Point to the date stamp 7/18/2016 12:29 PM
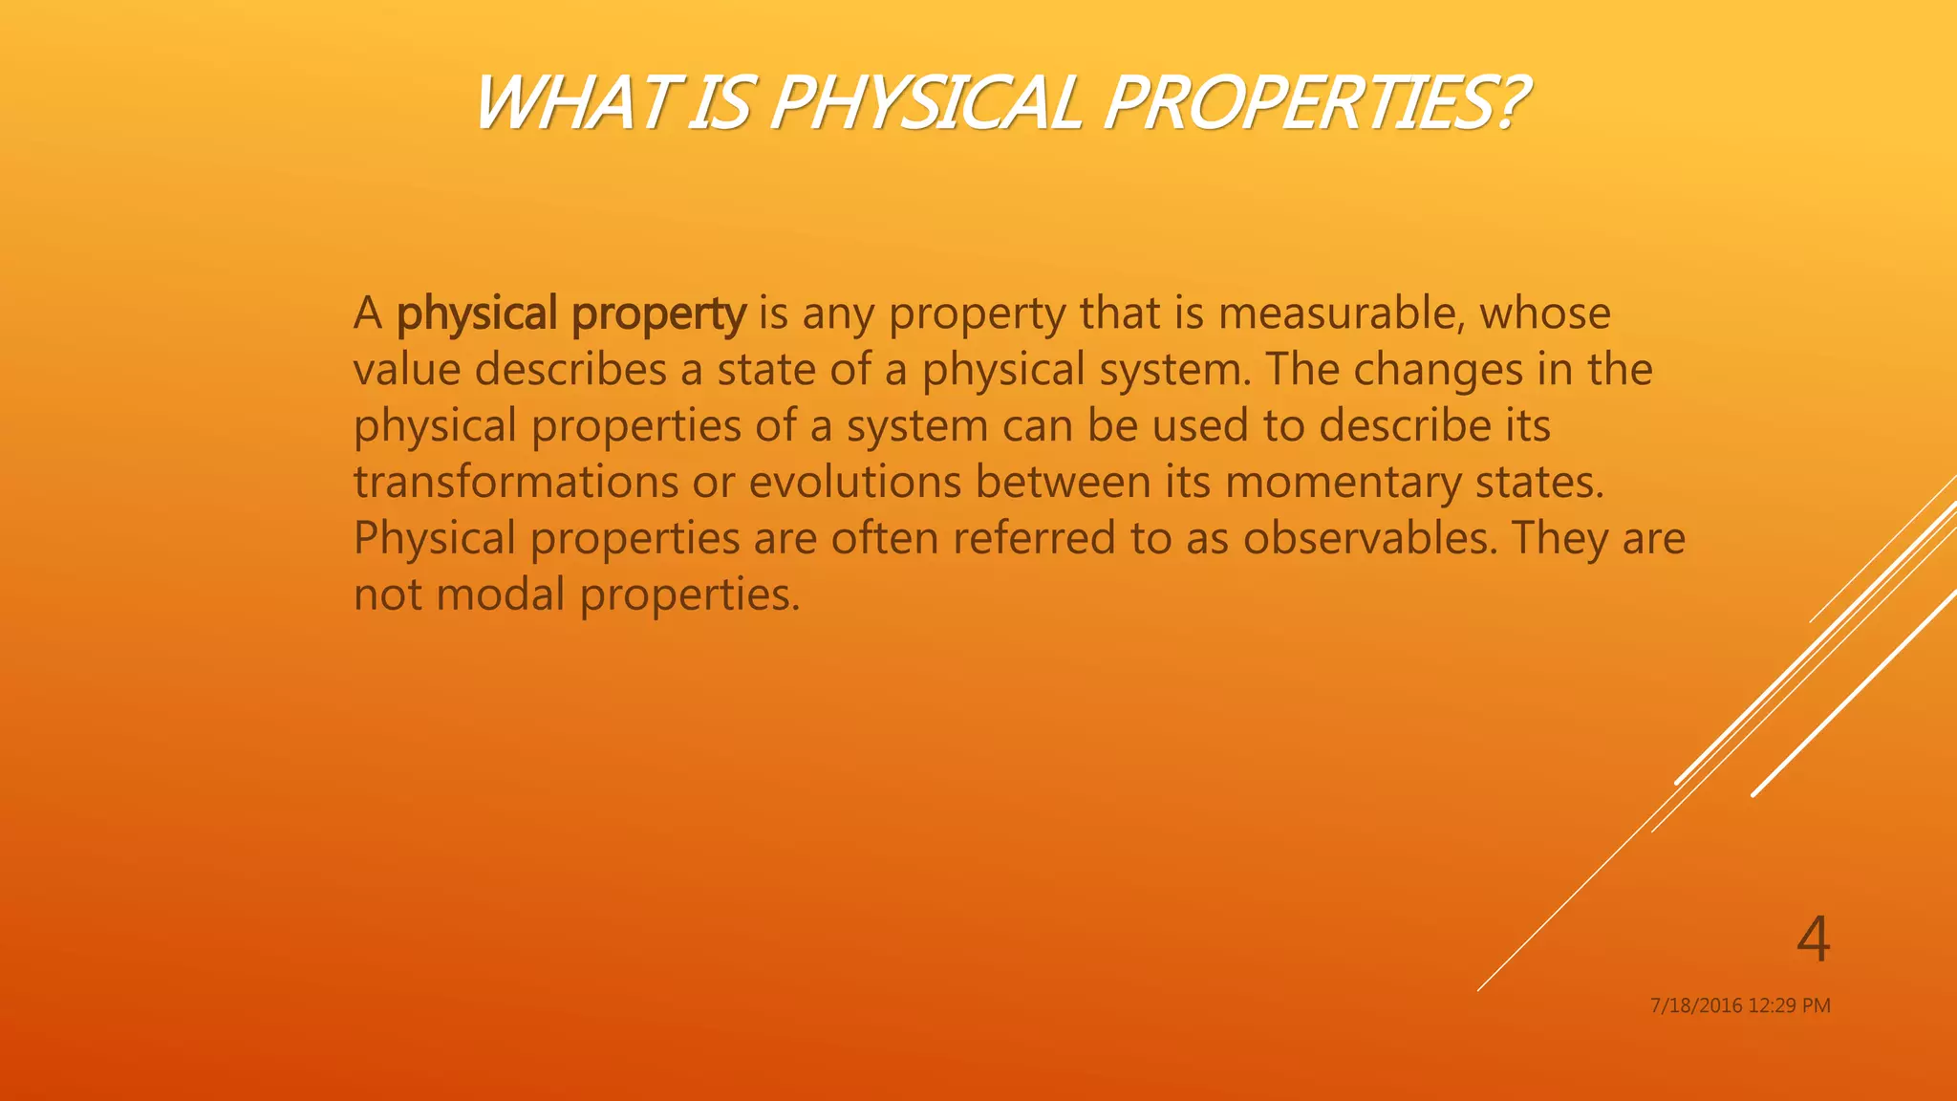point(1740,1005)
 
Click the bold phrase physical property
point(570,314)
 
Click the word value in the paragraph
point(407,370)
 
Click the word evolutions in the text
point(854,482)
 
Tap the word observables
point(1370,538)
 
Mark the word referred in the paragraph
point(1034,538)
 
